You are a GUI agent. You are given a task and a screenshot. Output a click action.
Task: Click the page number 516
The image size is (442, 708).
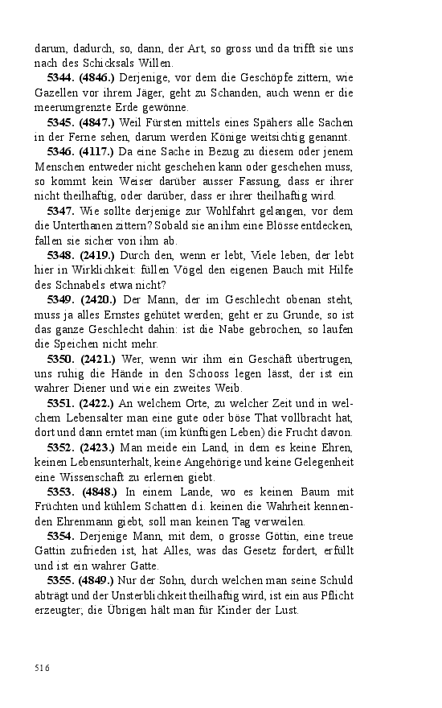coord(42,667)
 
